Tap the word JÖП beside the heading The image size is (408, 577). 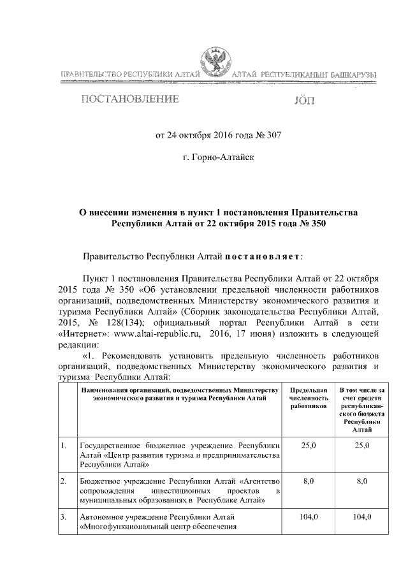tap(303, 101)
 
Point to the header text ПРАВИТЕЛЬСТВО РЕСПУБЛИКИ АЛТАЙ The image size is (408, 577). tap(129, 75)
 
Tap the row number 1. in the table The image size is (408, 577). tap(64, 444)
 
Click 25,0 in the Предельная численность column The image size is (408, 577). tap(308, 444)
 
